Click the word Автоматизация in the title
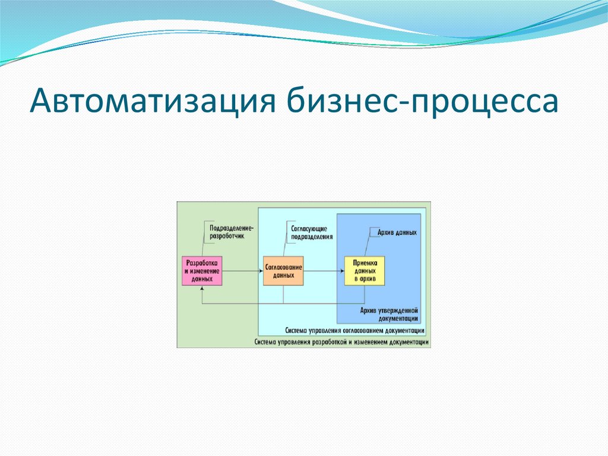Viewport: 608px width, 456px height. click(x=153, y=101)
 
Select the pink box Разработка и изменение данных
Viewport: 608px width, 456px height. click(x=202, y=271)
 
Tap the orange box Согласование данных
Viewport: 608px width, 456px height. click(x=283, y=271)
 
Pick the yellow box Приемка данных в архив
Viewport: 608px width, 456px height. click(x=365, y=271)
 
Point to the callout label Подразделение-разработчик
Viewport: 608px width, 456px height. click(x=231, y=232)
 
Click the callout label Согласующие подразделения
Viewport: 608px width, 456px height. click(x=312, y=232)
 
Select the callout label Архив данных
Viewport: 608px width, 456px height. click(x=397, y=232)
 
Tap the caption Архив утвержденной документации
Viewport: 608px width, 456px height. click(x=389, y=315)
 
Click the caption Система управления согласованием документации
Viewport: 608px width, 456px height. click(x=355, y=331)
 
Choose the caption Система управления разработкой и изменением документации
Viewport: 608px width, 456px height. click(x=341, y=342)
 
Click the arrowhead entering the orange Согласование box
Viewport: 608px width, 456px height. click(x=261, y=271)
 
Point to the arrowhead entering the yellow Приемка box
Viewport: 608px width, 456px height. click(x=342, y=271)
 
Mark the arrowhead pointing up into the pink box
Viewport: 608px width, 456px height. click(x=202, y=288)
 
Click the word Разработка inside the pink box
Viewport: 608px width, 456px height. click(x=202, y=263)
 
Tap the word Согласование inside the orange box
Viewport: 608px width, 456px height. click(x=283, y=267)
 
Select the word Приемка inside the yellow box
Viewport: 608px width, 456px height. click(x=365, y=263)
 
